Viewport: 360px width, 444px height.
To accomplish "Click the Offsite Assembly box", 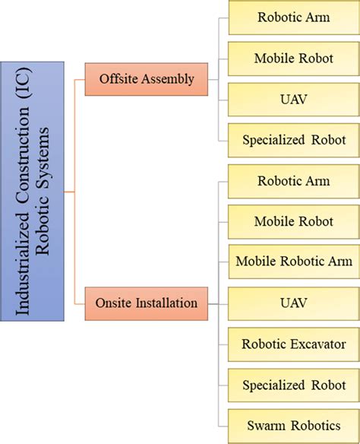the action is pos(147,79).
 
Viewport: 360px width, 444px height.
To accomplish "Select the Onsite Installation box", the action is pos(147,303).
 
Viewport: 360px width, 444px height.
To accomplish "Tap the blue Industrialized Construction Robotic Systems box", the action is pos(32,192).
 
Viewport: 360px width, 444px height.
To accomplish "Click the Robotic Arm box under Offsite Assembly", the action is pos(294,17).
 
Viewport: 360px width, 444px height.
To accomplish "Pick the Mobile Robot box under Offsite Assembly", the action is pos(294,59).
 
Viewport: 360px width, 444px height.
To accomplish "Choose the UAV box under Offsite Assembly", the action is pos(294,100).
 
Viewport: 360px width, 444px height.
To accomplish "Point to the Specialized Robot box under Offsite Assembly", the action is pos(294,141).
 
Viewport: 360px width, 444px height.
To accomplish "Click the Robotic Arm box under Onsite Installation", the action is pos(294,182).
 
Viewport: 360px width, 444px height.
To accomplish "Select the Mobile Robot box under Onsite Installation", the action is pos(294,222).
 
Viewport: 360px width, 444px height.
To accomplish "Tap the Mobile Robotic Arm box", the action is pos(294,262).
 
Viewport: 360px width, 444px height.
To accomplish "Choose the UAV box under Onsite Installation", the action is pos(294,304).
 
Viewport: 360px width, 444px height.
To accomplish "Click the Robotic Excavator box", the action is pos(294,344).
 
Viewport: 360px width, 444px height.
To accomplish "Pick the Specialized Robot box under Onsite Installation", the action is pos(294,385).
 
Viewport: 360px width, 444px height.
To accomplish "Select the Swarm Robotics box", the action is pos(294,427).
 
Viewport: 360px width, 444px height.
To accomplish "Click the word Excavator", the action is pos(318,344).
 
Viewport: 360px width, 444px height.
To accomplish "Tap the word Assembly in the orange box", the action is pos(168,79).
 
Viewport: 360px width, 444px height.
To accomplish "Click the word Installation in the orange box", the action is pos(166,303).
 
